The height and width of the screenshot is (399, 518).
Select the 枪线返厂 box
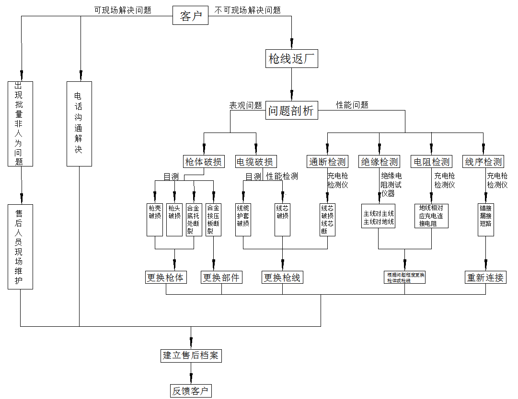pyautogui.click(x=291, y=59)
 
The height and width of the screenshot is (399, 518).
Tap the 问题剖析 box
pyautogui.click(x=291, y=111)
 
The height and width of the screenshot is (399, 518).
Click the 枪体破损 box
pyautogui.click(x=204, y=162)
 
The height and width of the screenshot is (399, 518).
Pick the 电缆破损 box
pyautogui.click(x=256, y=162)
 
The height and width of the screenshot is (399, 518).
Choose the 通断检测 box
pyautogui.click(x=327, y=162)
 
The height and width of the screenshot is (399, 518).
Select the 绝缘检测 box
pyautogui.click(x=380, y=162)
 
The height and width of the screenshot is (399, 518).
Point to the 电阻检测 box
pyautogui.click(x=431, y=162)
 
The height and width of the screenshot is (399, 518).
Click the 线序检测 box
pyautogui.click(x=483, y=162)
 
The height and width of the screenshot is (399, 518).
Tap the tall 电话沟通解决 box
pyautogui.click(x=79, y=123)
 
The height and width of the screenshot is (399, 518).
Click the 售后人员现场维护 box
pyautogui.click(x=21, y=246)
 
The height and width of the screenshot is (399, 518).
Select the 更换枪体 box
pyautogui.click(x=166, y=277)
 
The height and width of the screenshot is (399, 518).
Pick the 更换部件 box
pyautogui.click(x=221, y=277)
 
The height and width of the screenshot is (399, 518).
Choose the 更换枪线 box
pyautogui.click(x=282, y=277)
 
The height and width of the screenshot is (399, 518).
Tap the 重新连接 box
pyautogui.click(x=486, y=277)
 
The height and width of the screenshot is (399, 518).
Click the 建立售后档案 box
pyautogui.click(x=191, y=355)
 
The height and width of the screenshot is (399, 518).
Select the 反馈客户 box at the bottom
pyautogui.click(x=191, y=391)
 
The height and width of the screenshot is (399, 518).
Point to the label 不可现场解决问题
pyautogui.click(x=247, y=10)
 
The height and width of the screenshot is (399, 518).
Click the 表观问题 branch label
pyautogui.click(x=245, y=105)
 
